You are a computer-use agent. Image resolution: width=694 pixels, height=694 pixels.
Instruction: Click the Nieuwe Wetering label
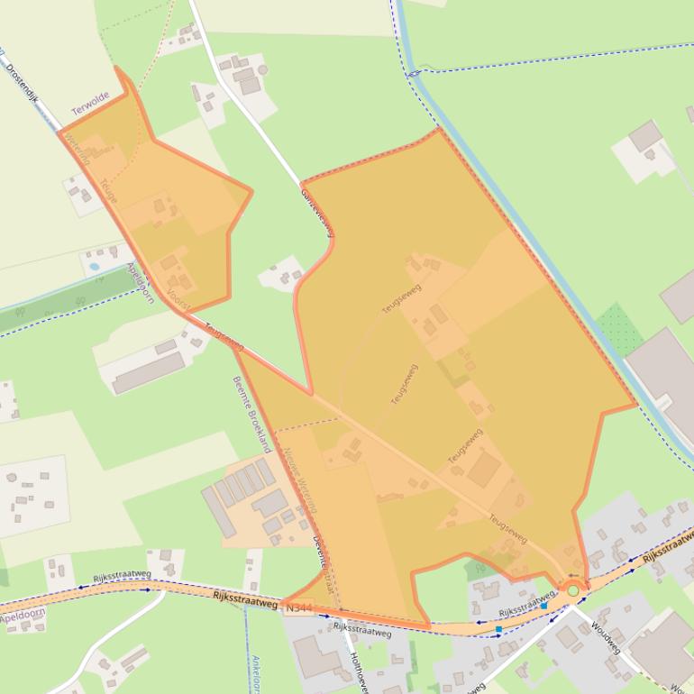(x=300, y=479)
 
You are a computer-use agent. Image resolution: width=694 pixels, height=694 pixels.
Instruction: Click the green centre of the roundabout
(x=572, y=590)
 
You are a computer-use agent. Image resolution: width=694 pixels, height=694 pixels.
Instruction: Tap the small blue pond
(x=94, y=267)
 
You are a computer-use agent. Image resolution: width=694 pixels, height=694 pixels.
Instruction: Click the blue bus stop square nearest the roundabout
(x=543, y=607)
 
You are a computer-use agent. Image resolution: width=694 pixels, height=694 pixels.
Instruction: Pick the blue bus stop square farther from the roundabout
(x=498, y=629)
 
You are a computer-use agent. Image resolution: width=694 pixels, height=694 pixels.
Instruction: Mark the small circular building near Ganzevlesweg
(x=262, y=69)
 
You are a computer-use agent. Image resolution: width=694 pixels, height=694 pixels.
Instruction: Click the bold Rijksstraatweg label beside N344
(x=245, y=598)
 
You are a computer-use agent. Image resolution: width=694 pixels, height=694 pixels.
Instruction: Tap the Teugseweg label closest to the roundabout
(x=508, y=528)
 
